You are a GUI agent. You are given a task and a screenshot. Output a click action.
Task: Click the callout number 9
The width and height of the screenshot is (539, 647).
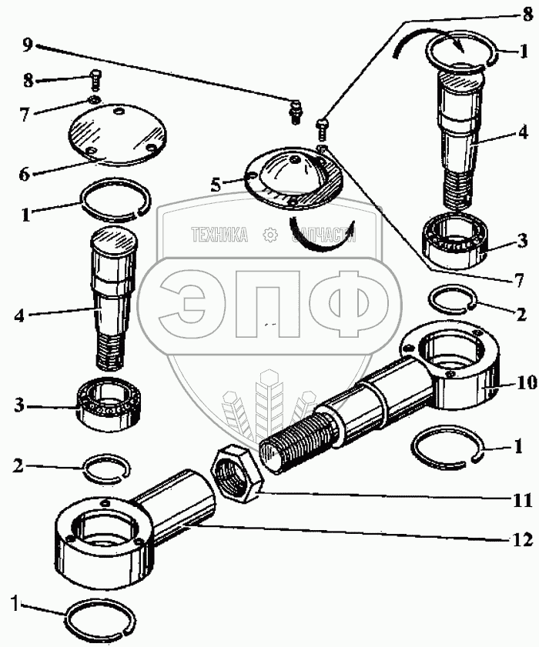click(x=28, y=45)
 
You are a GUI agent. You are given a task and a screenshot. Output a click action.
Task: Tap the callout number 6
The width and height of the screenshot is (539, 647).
click(x=25, y=174)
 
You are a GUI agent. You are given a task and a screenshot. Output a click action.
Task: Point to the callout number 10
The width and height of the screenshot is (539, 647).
click(x=527, y=382)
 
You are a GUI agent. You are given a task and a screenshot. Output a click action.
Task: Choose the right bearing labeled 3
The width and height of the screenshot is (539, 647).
click(x=457, y=239)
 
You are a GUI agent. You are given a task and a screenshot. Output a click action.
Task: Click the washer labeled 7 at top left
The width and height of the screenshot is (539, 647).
click(x=94, y=100)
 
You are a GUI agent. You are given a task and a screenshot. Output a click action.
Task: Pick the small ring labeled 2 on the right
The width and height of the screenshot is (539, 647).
click(x=452, y=298)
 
